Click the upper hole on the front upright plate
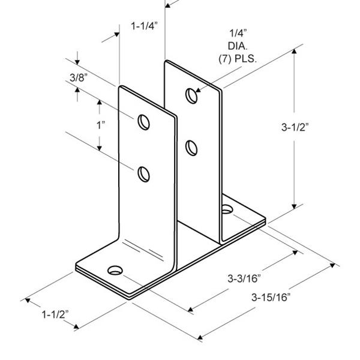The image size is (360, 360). tap(143, 122)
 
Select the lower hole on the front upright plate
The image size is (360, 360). tap(143, 174)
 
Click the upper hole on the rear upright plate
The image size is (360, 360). tap(191, 96)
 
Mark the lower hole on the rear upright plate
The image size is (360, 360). tap(191, 147)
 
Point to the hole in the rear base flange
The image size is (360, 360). tap(227, 209)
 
